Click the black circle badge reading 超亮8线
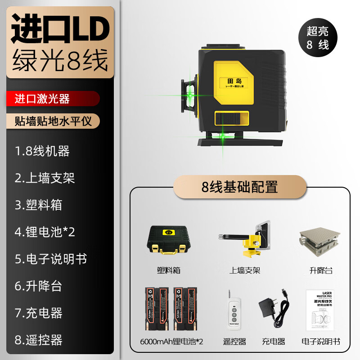click(318, 38)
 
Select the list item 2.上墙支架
click(45, 178)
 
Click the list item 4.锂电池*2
click(45, 232)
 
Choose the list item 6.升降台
click(38, 286)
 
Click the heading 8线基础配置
click(240, 187)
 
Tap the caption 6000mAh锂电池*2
click(171, 342)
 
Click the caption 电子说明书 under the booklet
click(321, 342)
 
